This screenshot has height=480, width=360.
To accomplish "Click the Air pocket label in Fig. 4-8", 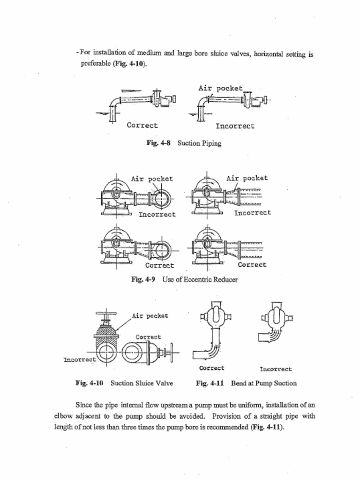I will [x=220, y=88].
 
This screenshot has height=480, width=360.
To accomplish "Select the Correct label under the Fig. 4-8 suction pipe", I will [x=142, y=125].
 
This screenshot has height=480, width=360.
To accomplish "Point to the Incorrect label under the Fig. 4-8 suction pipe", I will [x=235, y=126].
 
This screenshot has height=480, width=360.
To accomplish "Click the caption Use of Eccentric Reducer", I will [x=200, y=279].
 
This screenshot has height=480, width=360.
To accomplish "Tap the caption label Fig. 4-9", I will [x=143, y=279].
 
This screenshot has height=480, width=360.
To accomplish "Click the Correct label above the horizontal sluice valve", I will [x=148, y=337].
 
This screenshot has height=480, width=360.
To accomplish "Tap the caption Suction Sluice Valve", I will [x=142, y=383].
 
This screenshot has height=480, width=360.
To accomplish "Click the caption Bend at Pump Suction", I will [x=263, y=383].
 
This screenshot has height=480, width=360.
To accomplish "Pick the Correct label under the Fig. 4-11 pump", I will [x=211, y=368].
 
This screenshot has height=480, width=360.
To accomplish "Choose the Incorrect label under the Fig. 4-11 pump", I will [x=276, y=369].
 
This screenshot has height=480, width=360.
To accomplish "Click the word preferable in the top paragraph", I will [x=96, y=64].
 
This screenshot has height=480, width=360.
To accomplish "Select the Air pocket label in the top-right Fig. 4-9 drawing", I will [x=247, y=178].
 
